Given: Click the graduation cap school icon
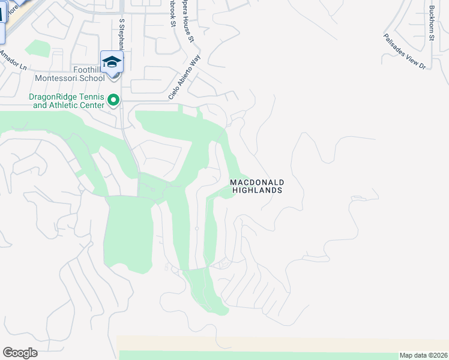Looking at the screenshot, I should [x=112, y=62].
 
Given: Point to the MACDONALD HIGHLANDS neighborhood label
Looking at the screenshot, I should [x=257, y=186].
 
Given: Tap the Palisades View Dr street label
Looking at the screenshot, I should [x=405, y=51].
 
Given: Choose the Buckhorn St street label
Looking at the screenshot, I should [x=431, y=21].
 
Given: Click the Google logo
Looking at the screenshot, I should [x=20, y=353].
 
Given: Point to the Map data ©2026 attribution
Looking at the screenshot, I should [x=423, y=355].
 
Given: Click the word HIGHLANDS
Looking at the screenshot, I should [x=257, y=190].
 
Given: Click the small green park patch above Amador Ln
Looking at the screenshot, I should [x=38, y=49].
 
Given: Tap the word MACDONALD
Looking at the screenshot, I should [x=257, y=182].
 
